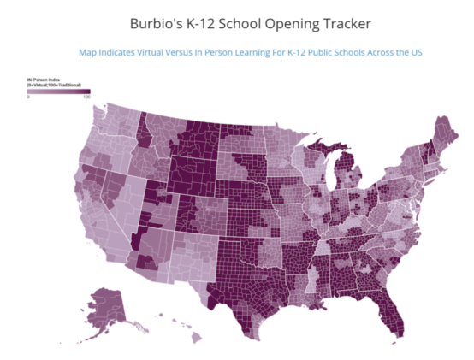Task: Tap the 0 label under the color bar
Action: [x=29, y=97]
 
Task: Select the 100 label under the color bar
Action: [x=86, y=97]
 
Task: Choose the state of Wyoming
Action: [x=190, y=174]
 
